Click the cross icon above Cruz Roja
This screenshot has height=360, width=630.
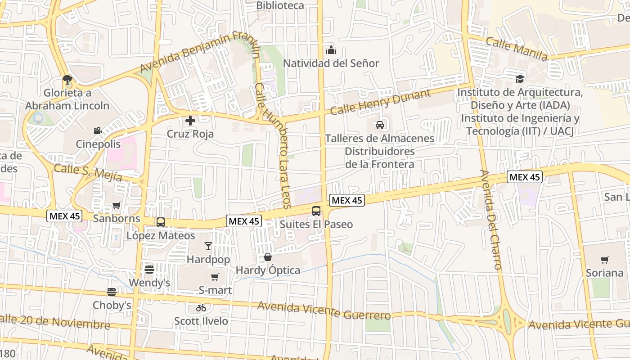tap(190, 121)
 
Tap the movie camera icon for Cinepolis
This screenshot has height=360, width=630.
tap(98, 131)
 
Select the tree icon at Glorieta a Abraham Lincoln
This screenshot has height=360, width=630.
tap(67, 80)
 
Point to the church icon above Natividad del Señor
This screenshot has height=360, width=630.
tap(331, 50)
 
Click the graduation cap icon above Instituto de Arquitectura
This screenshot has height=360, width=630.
tap(520, 79)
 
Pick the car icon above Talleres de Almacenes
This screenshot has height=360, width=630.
tap(380, 125)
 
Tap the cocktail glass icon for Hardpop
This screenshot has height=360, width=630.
tap(208, 246)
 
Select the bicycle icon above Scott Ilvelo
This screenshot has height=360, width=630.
tap(201, 308)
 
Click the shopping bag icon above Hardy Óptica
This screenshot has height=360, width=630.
tap(268, 257)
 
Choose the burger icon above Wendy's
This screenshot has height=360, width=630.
tap(149, 270)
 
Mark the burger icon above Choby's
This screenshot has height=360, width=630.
tap(112, 292)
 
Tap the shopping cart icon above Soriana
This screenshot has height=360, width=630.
tap(604, 260)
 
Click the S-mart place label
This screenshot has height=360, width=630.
tap(215, 290)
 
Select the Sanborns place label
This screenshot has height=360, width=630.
tap(116, 219)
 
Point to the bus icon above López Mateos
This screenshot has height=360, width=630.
tap(161, 222)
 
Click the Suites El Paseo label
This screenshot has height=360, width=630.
tap(316, 224)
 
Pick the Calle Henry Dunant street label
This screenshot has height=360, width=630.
tap(380, 102)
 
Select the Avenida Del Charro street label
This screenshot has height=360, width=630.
tap(490, 220)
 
